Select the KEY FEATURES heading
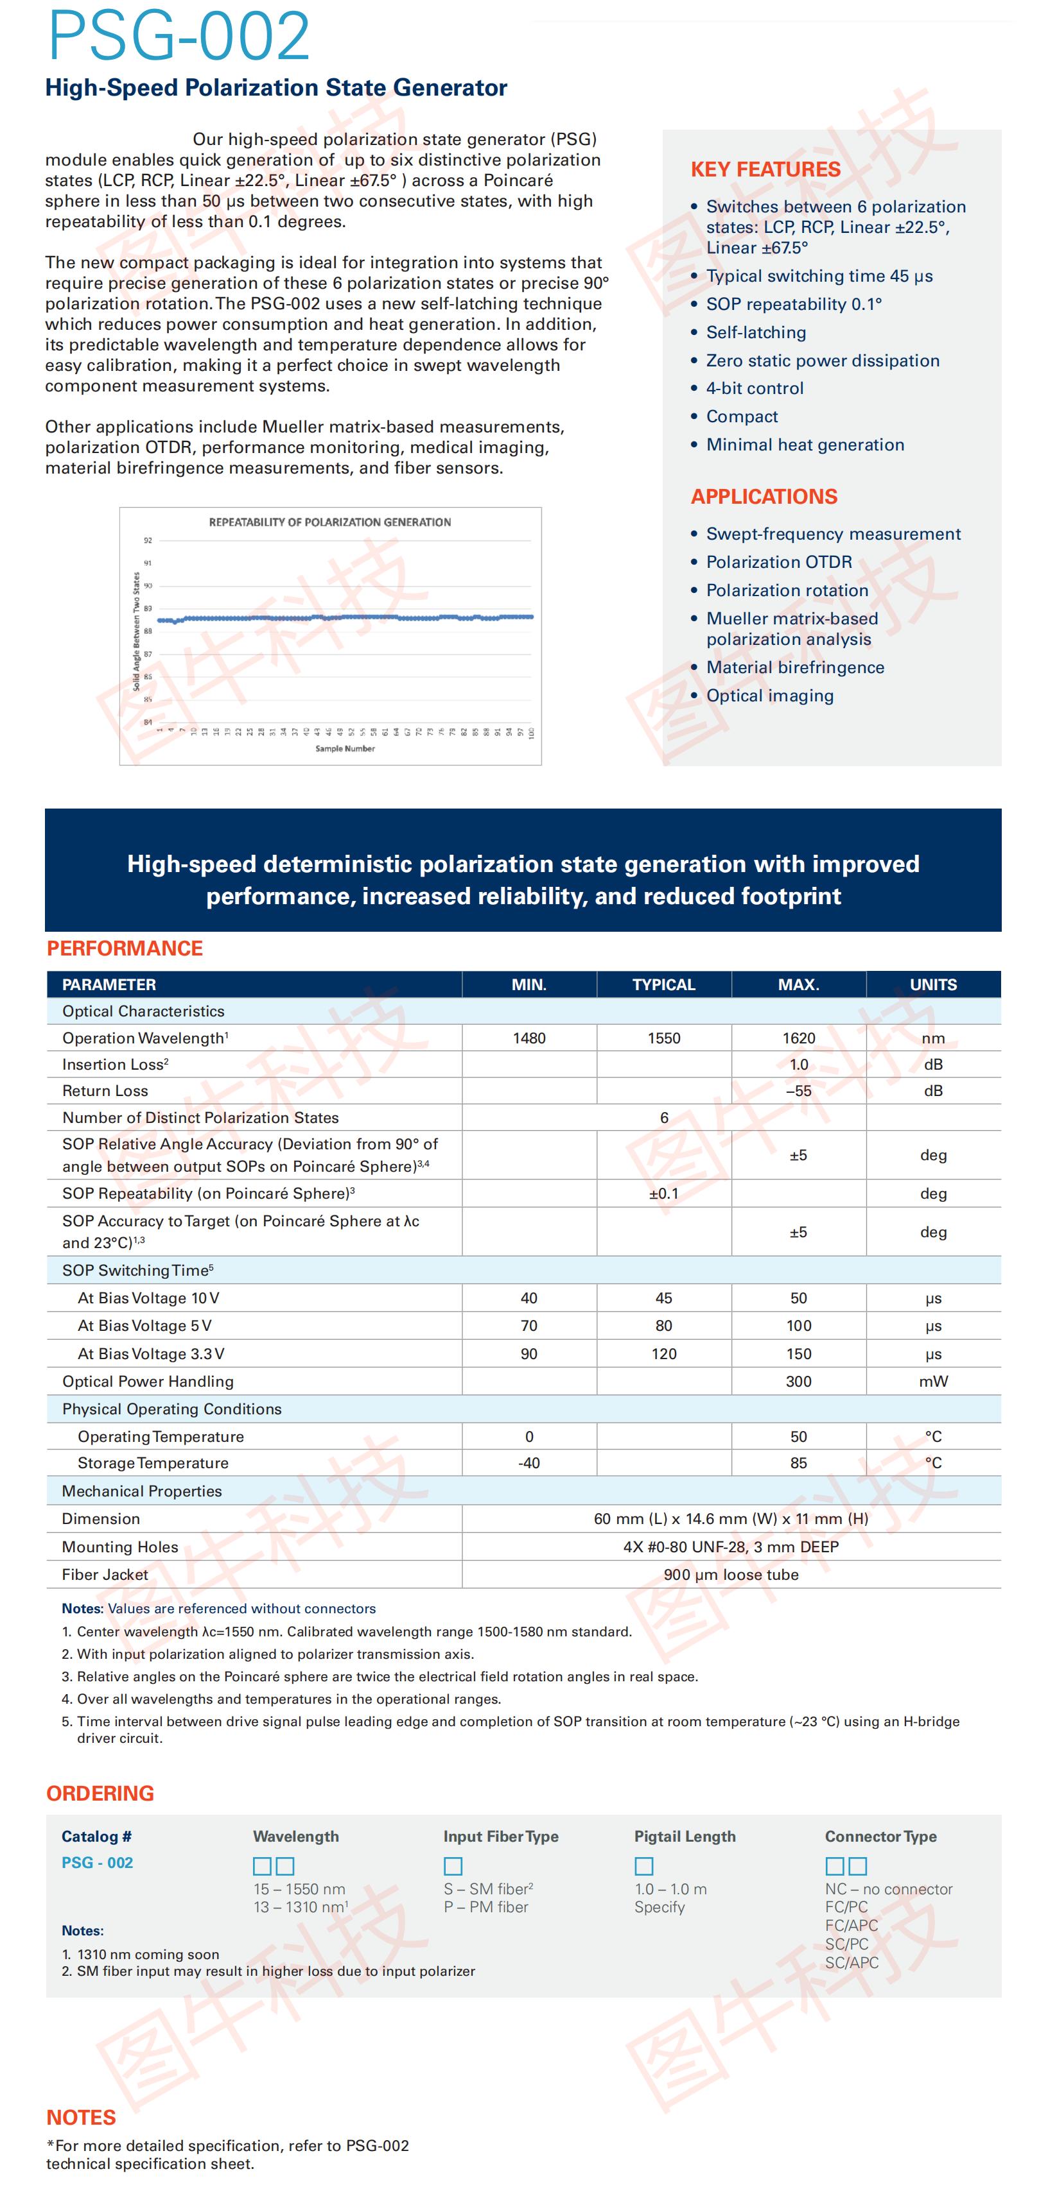coord(765,169)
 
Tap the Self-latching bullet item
coord(755,332)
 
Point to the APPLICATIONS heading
coord(764,497)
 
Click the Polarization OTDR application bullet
coord(778,562)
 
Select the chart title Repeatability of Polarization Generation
coord(330,522)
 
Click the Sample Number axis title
coord(345,748)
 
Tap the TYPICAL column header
coord(663,985)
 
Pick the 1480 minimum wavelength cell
coord(528,1038)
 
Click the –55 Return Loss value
coord(798,1091)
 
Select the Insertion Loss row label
coord(114,1065)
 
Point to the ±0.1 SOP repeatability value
coord(663,1194)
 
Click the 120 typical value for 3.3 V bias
coord(663,1354)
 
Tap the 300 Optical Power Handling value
coord(798,1381)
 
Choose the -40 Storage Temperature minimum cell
coord(528,1463)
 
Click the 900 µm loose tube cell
coord(731,1575)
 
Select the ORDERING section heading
coord(100,1793)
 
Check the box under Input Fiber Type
coord(453,1866)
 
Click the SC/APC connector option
coord(851,1963)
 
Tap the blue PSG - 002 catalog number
coord(97,1863)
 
